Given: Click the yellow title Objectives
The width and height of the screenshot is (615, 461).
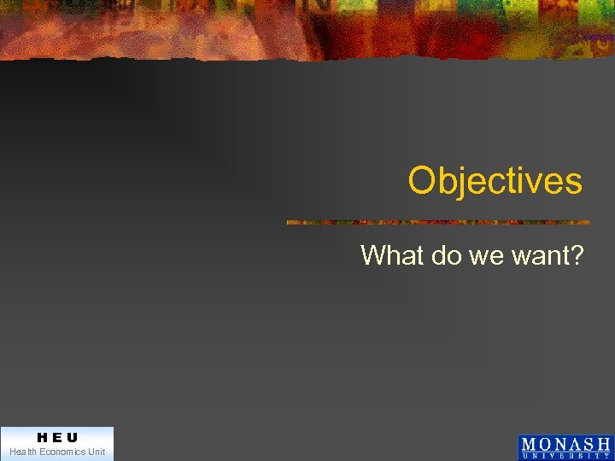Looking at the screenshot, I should [x=495, y=181].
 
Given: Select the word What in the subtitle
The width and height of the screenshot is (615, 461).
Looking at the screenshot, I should [x=391, y=255].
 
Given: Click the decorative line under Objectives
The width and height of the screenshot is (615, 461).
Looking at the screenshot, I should [x=437, y=222].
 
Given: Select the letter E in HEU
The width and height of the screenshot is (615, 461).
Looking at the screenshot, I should [x=56, y=437].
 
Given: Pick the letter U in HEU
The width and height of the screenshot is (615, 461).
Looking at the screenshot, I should [x=72, y=437].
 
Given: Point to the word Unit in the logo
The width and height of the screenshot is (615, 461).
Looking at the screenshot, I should [x=97, y=452].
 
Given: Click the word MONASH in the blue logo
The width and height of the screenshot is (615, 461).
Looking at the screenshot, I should [x=565, y=444].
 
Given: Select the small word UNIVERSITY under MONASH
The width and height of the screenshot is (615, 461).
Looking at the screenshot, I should [x=565, y=456].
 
